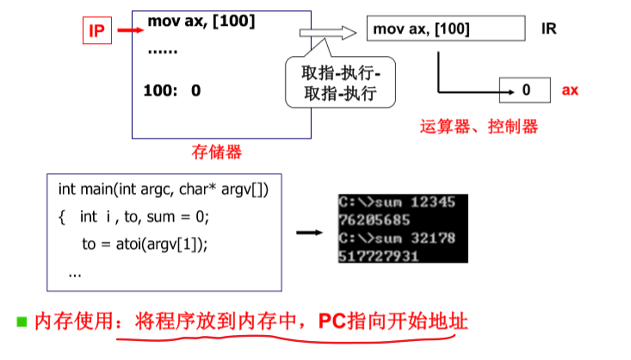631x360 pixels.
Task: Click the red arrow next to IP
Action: pyautogui.click(x=128, y=32)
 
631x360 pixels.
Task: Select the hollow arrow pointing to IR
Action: pyautogui.click(x=327, y=33)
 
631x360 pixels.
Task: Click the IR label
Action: pyautogui.click(x=548, y=28)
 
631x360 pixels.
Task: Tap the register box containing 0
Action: pyautogui.click(x=527, y=90)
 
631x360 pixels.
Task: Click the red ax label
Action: pyautogui.click(x=570, y=90)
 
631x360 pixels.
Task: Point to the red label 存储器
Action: pyautogui.click(x=216, y=152)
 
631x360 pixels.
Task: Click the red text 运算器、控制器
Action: pyautogui.click(x=479, y=127)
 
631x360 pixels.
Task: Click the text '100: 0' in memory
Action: pyautogui.click(x=174, y=90)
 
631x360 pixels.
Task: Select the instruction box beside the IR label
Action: pyautogui.click(x=445, y=29)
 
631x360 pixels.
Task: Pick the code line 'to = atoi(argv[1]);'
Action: pyautogui.click(x=145, y=244)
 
